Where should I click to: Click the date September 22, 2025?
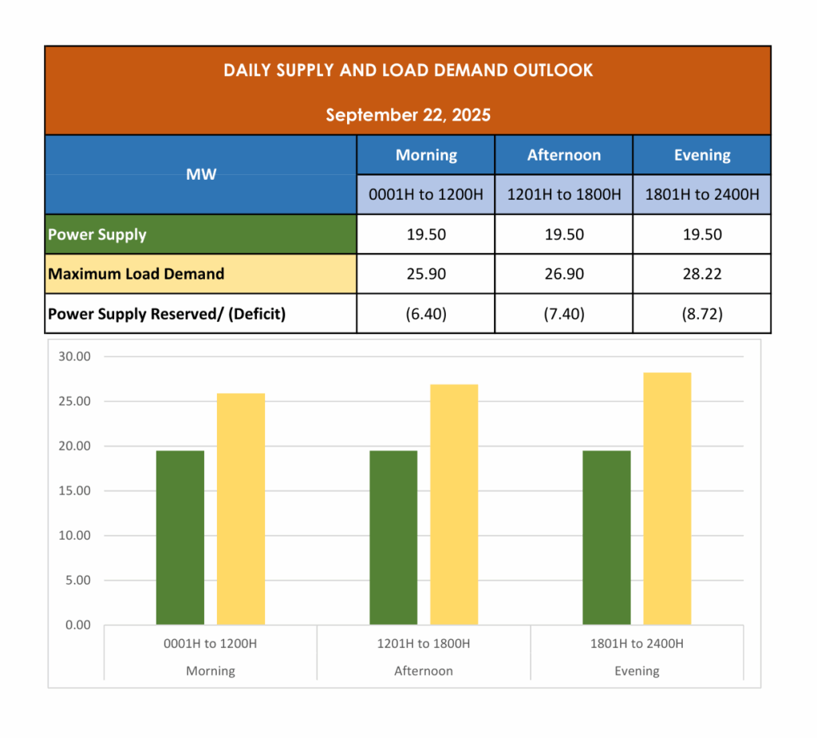point(408,115)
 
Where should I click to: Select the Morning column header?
point(426,155)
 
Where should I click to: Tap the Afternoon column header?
point(564,155)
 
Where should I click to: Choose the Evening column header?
point(702,155)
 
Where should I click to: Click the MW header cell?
point(201,174)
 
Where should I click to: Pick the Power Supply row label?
point(97,235)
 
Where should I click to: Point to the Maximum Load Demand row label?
point(136,274)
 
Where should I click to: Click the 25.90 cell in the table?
point(426,274)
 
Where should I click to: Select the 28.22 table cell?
point(702,274)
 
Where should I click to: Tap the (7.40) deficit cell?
point(564,314)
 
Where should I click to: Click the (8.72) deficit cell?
point(702,314)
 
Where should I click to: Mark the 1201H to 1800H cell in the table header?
point(564,195)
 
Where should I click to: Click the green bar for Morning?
point(180,538)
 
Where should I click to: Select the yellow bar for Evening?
point(667,498)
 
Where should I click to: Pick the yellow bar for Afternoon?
point(454,504)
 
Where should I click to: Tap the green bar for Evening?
point(606,538)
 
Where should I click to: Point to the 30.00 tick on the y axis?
point(74,356)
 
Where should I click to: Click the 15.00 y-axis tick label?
point(74,490)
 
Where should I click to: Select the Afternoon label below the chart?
point(424,671)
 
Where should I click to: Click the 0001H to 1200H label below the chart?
point(211,644)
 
